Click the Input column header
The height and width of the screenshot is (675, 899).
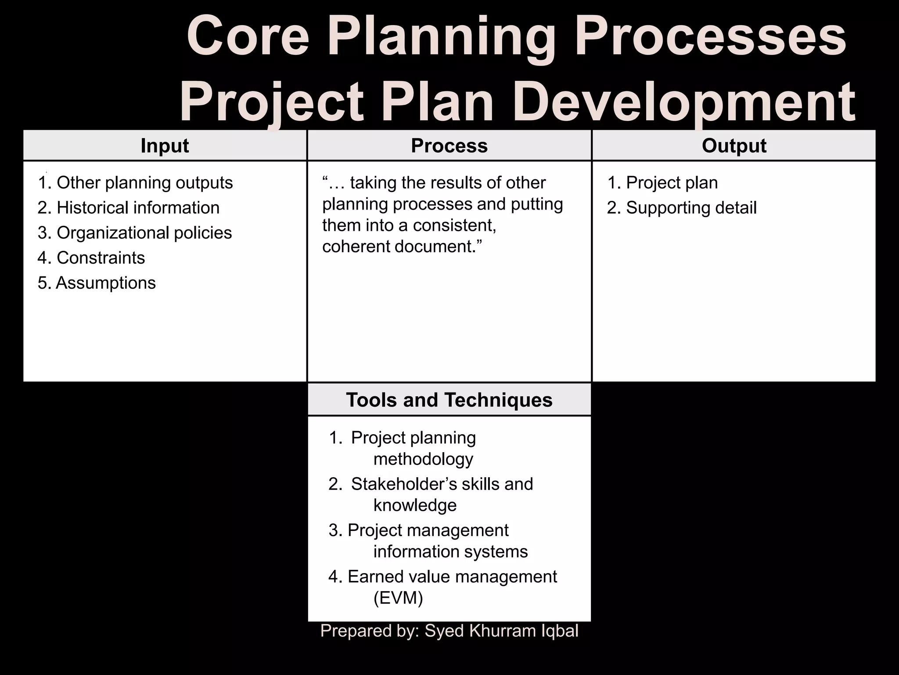[165, 146]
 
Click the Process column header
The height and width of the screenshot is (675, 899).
[449, 146]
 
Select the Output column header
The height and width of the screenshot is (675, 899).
[734, 146]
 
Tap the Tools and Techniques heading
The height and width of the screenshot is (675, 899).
[449, 400]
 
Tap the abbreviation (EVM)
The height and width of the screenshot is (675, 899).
[398, 598]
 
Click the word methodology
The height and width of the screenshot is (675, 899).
[423, 459]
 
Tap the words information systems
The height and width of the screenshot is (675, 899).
[450, 552]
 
